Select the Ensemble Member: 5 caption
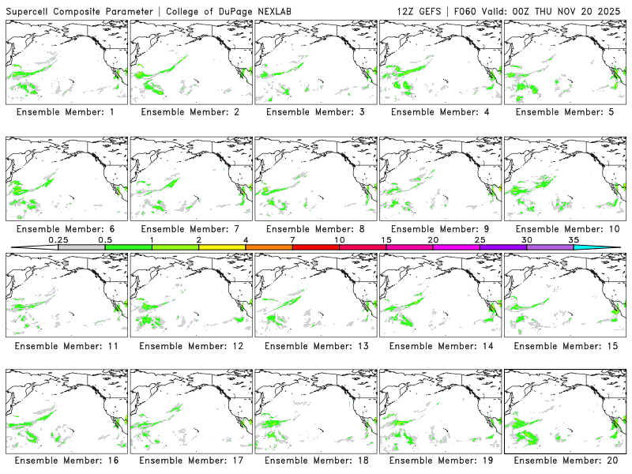565,112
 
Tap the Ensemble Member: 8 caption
316,229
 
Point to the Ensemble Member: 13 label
316,345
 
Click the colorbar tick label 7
292,239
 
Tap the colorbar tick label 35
574,239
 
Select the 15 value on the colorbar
386,239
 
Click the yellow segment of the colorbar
222,247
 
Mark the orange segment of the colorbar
269,247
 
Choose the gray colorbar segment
81,247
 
